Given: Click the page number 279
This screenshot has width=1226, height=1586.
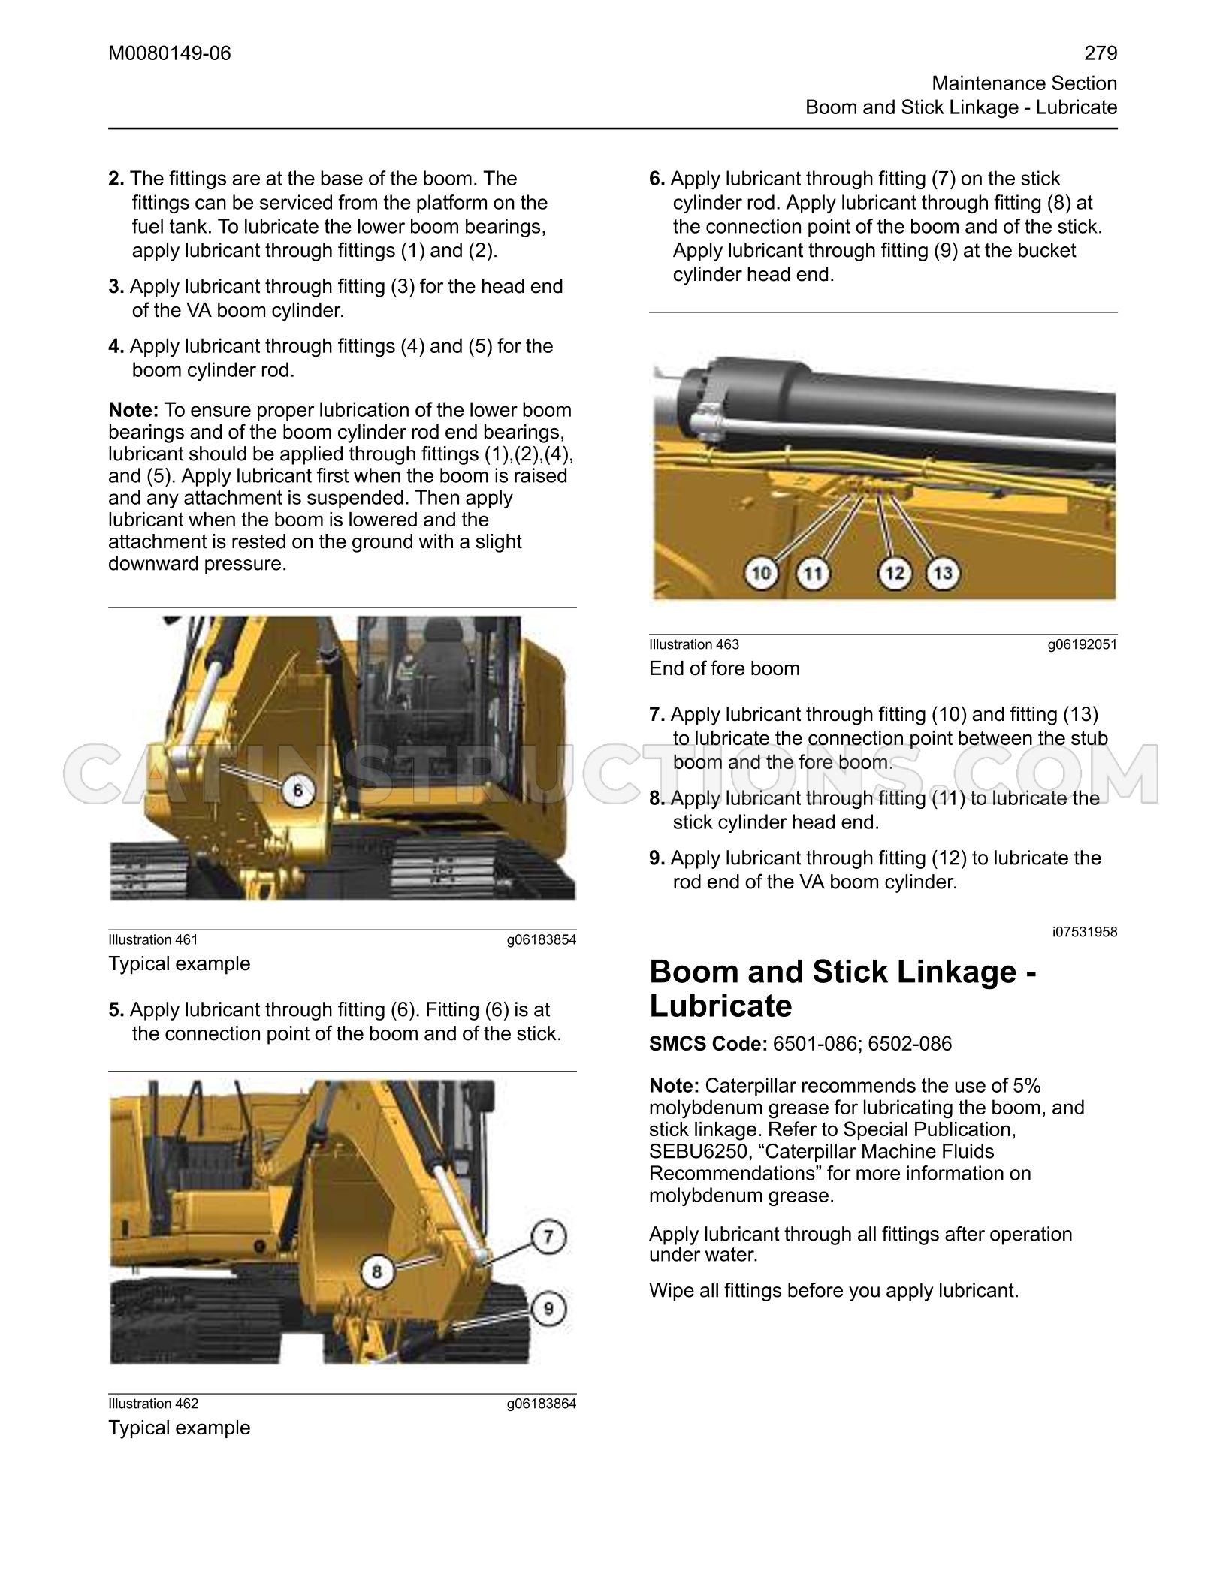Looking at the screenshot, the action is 1101,53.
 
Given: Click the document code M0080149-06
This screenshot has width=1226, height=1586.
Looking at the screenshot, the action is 170,53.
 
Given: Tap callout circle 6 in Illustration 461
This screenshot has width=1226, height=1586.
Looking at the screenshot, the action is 297,790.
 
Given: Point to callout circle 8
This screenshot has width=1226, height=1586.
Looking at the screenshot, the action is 377,1271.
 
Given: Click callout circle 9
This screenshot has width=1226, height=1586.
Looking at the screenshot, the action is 549,1309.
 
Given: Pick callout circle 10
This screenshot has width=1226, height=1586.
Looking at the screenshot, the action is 761,574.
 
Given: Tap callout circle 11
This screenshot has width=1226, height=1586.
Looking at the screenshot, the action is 813,574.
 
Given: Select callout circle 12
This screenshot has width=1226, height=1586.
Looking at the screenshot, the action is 895,574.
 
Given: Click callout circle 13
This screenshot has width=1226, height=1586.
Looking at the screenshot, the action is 943,574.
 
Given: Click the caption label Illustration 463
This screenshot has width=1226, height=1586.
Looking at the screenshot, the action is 694,644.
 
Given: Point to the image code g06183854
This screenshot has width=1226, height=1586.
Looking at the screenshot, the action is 542,939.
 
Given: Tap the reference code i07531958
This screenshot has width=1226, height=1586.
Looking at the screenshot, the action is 1085,932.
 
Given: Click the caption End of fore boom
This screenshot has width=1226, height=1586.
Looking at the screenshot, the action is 724,668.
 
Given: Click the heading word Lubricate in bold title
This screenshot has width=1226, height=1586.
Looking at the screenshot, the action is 720,1006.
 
